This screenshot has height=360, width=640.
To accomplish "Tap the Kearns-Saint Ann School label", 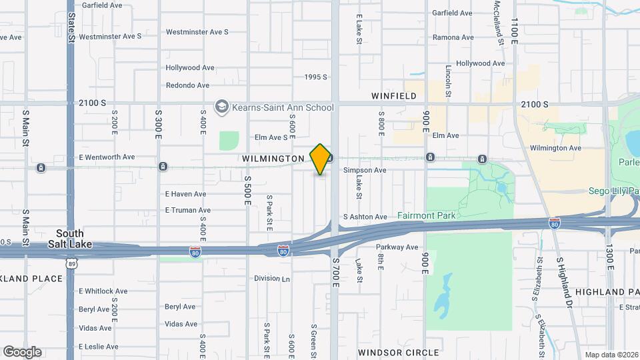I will (283, 107).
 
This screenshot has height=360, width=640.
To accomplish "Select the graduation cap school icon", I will (221, 107).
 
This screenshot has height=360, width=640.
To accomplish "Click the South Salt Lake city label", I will (70, 239).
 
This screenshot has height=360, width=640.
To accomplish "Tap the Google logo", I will (22, 351).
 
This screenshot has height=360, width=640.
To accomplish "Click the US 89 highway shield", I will (71, 264).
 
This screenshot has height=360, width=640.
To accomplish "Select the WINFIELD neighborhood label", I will (393, 96).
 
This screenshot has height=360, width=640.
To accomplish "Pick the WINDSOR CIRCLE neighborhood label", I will (398, 352).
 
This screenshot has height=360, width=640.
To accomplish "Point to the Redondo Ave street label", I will (187, 85).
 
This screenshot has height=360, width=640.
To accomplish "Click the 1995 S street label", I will (315, 77).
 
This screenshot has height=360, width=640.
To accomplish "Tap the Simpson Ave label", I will (365, 171).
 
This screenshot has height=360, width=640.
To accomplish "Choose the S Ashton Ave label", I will (365, 217).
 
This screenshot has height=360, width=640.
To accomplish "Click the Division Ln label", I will (272, 279).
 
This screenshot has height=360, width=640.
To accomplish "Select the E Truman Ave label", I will (188, 210).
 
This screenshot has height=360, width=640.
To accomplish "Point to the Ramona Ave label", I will (453, 37).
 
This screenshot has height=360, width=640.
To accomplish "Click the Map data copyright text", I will (611, 354).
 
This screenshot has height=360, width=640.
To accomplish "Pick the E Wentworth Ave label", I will (107, 157).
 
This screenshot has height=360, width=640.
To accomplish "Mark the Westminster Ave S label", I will (197, 31).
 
